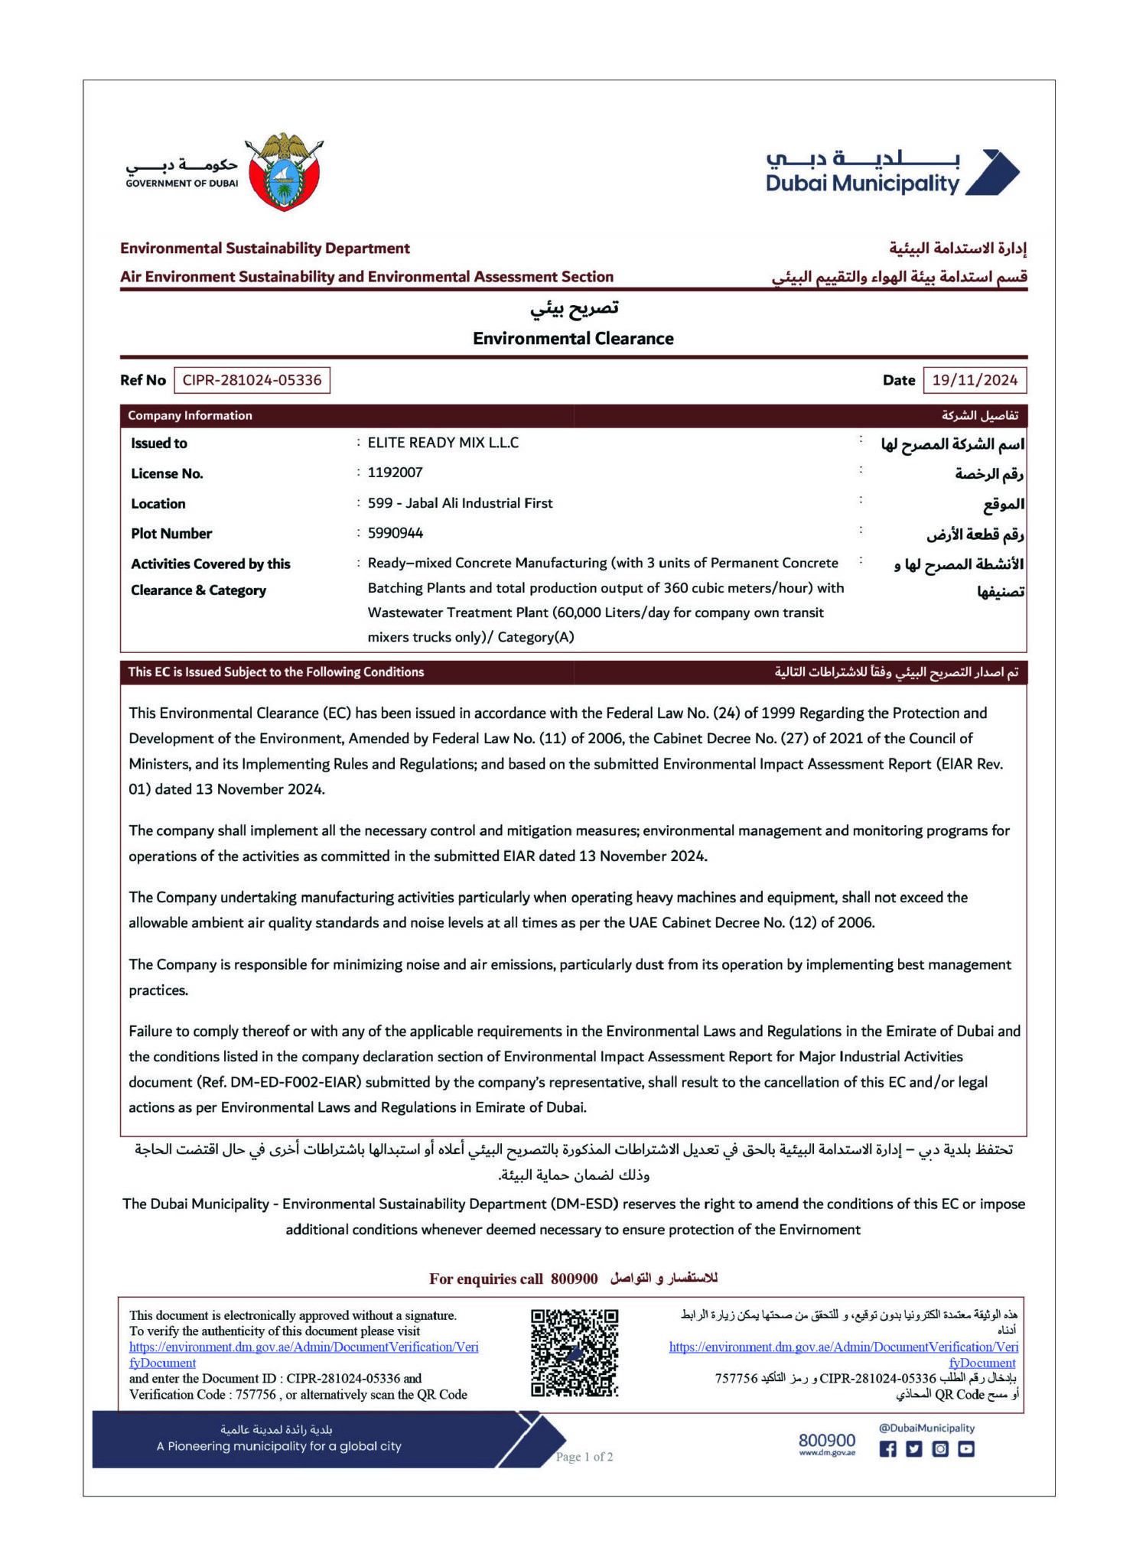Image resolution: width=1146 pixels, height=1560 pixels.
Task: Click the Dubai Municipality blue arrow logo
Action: point(992,173)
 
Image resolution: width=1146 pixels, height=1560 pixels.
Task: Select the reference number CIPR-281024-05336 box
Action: point(252,380)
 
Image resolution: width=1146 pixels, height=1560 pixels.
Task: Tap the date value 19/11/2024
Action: point(974,380)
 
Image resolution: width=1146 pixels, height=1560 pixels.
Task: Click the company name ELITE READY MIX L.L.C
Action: point(443,443)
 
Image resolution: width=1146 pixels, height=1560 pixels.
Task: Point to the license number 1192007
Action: point(395,473)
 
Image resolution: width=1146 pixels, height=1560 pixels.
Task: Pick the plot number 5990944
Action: point(395,533)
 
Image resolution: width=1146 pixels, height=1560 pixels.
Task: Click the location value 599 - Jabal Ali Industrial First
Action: point(460,503)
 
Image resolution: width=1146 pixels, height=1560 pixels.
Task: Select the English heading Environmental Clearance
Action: point(573,339)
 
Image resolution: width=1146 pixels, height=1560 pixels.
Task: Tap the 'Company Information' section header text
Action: point(190,415)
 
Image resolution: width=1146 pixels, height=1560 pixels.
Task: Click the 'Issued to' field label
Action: point(159,444)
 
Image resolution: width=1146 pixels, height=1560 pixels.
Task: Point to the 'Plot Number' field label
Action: point(171,534)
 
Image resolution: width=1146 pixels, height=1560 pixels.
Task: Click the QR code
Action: point(575,1353)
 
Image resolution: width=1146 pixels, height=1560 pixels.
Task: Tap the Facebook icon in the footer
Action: point(887,1448)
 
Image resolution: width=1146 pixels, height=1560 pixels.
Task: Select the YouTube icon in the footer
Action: point(966,1448)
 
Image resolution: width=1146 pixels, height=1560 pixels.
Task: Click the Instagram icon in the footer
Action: point(940,1448)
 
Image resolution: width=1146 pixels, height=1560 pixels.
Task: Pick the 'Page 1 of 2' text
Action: point(584,1457)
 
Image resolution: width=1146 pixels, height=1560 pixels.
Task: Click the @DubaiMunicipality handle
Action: point(926,1428)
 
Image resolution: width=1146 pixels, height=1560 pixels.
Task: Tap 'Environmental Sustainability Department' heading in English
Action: point(265,249)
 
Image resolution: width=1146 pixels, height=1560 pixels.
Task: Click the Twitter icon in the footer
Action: point(914,1448)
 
